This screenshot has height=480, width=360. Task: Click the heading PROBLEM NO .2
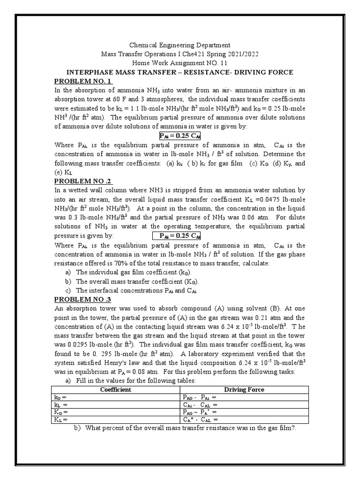tap(84, 181)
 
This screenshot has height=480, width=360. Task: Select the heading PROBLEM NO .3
tap(83, 299)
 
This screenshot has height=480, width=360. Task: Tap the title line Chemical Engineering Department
tap(180, 45)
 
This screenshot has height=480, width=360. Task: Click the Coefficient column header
tap(117, 390)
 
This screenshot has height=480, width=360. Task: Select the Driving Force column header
tap(244, 390)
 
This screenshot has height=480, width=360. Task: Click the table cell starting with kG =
tap(117, 397)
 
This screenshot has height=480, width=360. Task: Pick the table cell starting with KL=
tap(117, 420)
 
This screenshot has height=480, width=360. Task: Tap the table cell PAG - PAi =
tap(244, 397)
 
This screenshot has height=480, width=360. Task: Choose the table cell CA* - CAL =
tap(244, 420)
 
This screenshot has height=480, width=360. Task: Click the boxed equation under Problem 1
tap(180, 136)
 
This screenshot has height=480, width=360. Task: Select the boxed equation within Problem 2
tap(180, 236)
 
